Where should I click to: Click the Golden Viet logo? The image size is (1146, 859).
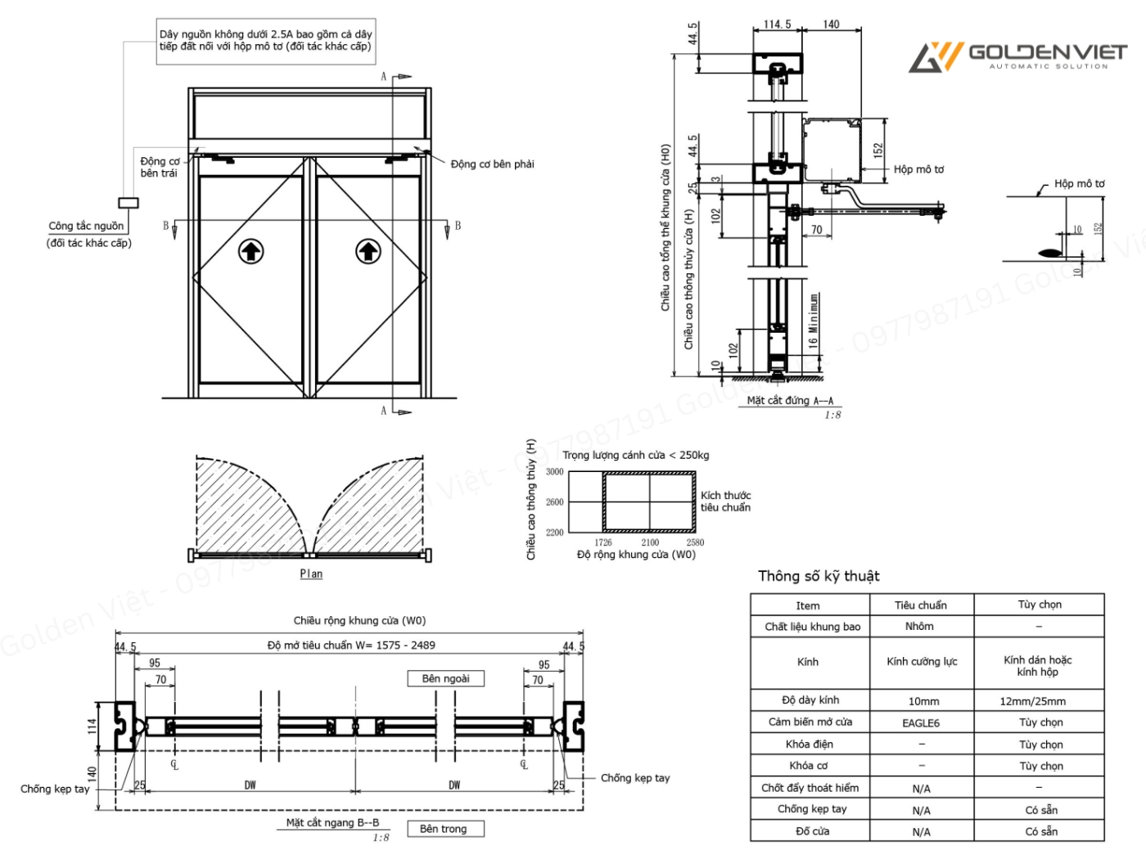point(1017,56)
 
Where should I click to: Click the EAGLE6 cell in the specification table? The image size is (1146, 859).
point(921,723)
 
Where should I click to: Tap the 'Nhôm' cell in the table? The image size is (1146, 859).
point(919,627)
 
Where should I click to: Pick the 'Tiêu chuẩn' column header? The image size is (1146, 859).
point(920,605)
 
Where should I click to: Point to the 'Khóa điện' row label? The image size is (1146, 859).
point(809,744)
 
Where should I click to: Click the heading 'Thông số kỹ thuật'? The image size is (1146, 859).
point(819,576)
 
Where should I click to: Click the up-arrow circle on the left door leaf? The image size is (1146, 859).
point(250,251)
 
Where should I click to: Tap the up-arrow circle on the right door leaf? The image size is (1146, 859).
point(368,251)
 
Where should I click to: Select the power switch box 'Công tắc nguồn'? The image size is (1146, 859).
point(129,203)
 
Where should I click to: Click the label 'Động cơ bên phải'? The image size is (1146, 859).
point(492,164)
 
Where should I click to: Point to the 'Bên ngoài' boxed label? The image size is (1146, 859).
point(446,679)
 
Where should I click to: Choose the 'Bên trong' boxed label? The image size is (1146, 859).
point(444,829)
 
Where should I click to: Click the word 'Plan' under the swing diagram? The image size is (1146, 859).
point(311,573)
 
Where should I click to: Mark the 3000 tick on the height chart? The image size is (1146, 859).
point(555,472)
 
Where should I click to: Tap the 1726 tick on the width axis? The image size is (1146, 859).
point(603,542)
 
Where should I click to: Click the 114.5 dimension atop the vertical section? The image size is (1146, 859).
point(777,25)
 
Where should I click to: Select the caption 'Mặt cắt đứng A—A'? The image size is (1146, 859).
point(790,401)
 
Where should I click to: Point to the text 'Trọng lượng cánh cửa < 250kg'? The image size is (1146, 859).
point(636,455)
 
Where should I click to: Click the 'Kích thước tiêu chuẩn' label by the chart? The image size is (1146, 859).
point(725,501)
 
